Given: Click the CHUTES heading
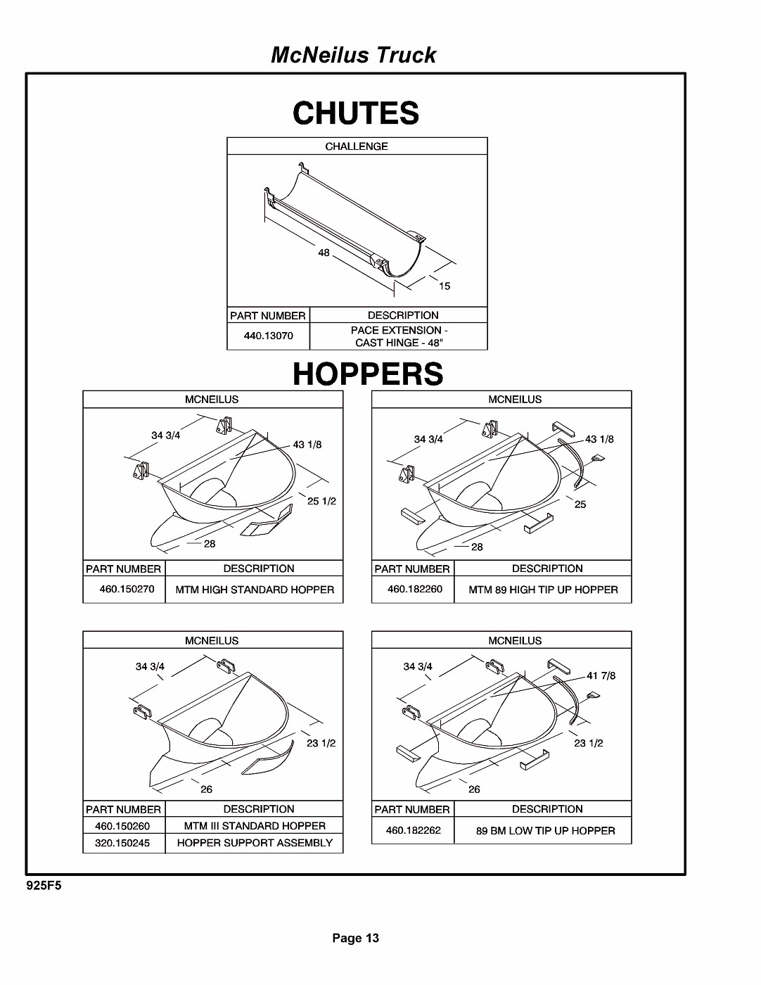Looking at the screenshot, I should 356,113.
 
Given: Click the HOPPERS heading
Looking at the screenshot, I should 368,374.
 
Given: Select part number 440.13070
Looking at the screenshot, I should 268,336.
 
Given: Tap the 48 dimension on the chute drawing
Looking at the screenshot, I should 324,253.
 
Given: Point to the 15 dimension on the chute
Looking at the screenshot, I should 445,286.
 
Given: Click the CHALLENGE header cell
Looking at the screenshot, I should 357,146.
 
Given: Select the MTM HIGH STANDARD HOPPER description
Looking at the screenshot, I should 255,590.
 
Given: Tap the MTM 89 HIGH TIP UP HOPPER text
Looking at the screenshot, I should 543,590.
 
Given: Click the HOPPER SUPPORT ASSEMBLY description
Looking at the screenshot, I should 255,843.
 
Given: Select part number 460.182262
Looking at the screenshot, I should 414,830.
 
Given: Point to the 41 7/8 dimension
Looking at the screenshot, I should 601,675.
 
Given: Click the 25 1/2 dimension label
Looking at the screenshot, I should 321,501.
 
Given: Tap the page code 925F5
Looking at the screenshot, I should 44,886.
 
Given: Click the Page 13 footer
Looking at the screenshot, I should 356,938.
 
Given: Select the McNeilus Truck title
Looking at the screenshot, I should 353,55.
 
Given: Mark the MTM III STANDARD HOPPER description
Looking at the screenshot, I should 255,826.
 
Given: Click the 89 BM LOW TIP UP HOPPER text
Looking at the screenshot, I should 545,831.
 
